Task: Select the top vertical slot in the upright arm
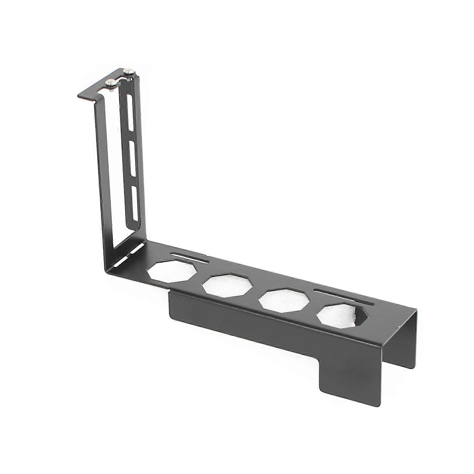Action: click(x=129, y=113)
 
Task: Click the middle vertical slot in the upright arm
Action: click(x=132, y=159)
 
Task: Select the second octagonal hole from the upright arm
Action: click(x=227, y=285)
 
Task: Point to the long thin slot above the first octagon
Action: click(x=190, y=257)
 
